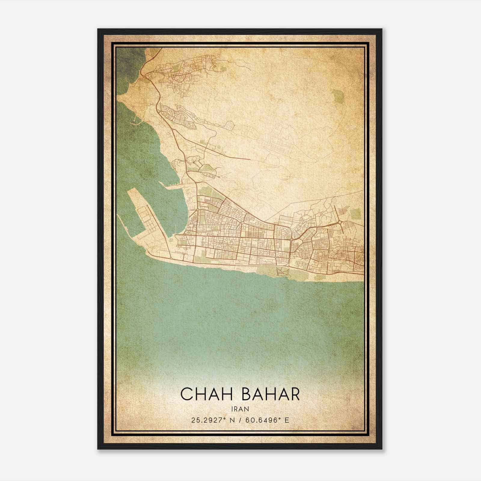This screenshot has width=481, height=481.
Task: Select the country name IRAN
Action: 240,409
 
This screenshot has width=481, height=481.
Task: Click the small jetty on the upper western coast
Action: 136,122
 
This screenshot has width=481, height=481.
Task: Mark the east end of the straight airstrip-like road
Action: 250,159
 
